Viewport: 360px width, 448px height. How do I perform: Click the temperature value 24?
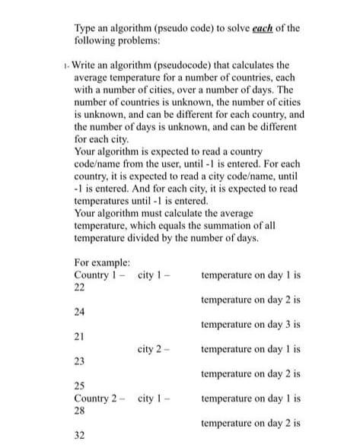79,311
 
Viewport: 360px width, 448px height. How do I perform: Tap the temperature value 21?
79,336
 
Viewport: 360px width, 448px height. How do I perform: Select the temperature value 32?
79,436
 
